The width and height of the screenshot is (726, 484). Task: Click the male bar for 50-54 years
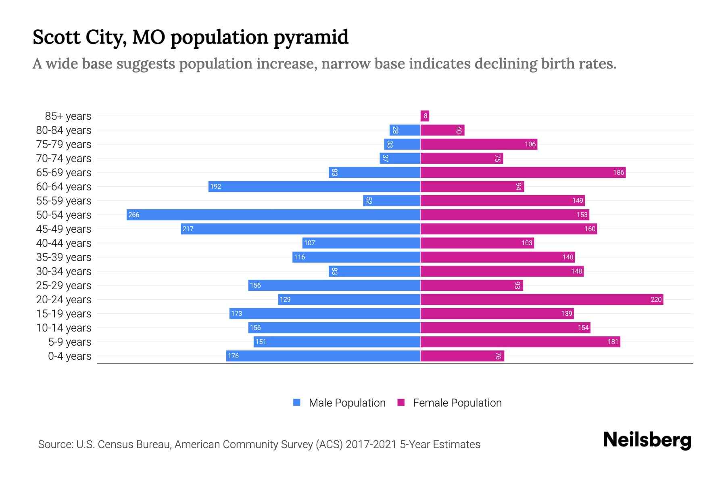[x=273, y=215]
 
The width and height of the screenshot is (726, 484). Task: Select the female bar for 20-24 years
[x=542, y=299]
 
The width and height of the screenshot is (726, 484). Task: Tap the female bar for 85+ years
[x=425, y=116]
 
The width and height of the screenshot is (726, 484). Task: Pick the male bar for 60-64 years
[x=314, y=186]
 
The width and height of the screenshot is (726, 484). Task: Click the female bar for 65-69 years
[x=523, y=172]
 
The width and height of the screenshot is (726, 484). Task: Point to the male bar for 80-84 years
[x=405, y=130]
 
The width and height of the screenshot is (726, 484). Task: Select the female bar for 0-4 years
[x=462, y=356]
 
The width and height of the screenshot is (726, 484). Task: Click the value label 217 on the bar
[x=188, y=229]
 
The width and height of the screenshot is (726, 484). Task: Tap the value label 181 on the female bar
[x=613, y=342]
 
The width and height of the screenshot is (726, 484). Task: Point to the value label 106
[x=530, y=144]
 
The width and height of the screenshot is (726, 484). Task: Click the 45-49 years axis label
[x=64, y=229]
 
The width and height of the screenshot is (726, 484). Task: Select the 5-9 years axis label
[x=69, y=342]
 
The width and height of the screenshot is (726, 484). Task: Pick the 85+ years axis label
[x=68, y=116]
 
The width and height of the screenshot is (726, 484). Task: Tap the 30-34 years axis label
[x=64, y=271]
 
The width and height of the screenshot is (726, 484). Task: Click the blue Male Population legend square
[x=297, y=403]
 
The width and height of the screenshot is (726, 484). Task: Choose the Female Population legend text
[x=457, y=403]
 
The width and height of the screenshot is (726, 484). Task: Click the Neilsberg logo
[x=647, y=440]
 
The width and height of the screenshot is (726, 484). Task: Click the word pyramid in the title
[x=311, y=38]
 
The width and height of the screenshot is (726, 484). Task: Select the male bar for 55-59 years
[x=392, y=200]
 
